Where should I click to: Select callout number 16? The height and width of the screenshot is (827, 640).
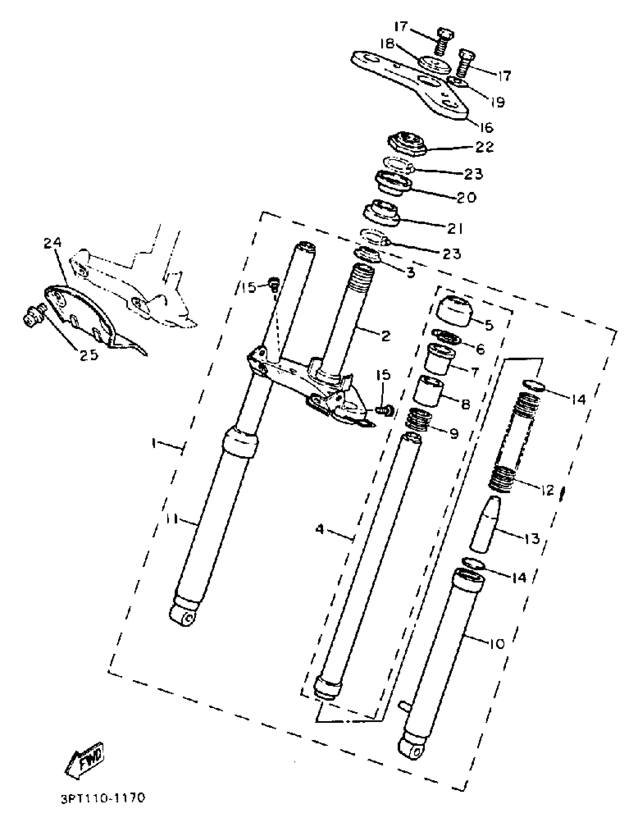[x=486, y=128]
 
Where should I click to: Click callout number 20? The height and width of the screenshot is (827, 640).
[x=466, y=197]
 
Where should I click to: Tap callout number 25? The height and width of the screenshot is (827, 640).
[x=88, y=355]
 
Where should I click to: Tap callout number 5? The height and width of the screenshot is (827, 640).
[x=489, y=325]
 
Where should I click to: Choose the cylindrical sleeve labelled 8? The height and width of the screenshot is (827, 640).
[x=429, y=391]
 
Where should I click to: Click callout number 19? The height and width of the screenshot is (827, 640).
[x=498, y=102]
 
